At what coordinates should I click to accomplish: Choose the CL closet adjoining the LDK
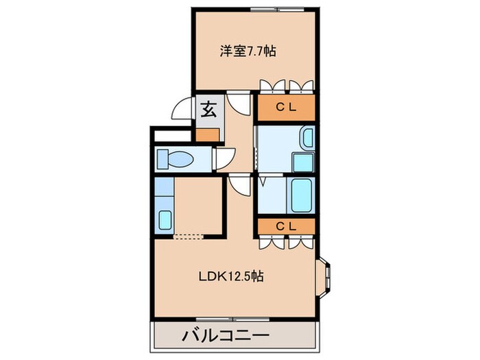click(x=286, y=226)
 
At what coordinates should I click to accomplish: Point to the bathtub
click(x=302, y=195)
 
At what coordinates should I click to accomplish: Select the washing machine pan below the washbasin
click(x=303, y=163)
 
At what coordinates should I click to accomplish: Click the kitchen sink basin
click(x=165, y=220)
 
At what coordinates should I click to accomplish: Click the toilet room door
click(x=222, y=159)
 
